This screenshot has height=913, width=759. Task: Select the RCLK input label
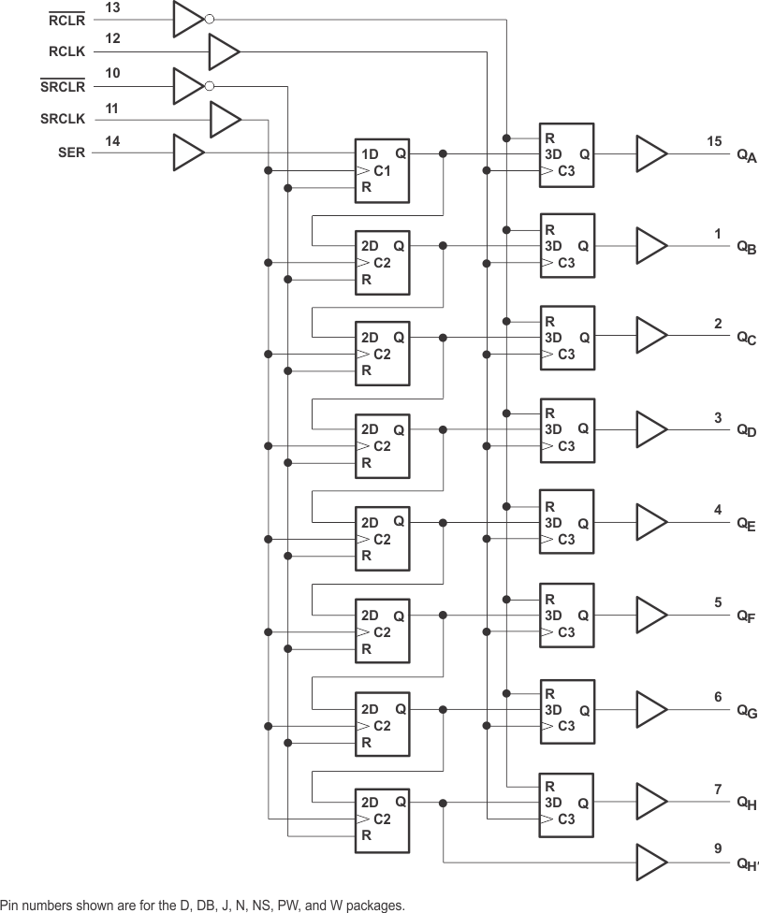coord(67,52)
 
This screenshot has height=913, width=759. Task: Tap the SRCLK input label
coord(63,120)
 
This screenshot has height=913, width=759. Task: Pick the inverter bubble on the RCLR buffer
coord(209,19)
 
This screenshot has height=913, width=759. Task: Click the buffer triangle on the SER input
coord(187,153)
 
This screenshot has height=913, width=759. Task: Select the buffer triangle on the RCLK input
coord(223,52)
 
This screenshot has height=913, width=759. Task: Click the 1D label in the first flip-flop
coord(371,153)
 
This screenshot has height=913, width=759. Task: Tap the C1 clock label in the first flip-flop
coord(382,170)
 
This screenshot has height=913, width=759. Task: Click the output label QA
coord(745,156)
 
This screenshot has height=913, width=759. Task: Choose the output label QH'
coord(746,865)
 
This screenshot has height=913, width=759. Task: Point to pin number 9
coord(718,848)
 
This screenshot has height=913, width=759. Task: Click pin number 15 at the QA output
coord(714,141)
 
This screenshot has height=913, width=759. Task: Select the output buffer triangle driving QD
coord(651,429)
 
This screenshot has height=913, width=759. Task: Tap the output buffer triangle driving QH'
coord(651,861)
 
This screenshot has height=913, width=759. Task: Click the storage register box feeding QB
coord(566,245)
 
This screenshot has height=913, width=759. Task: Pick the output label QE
coord(745,525)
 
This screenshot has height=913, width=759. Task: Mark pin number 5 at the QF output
coord(718,602)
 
